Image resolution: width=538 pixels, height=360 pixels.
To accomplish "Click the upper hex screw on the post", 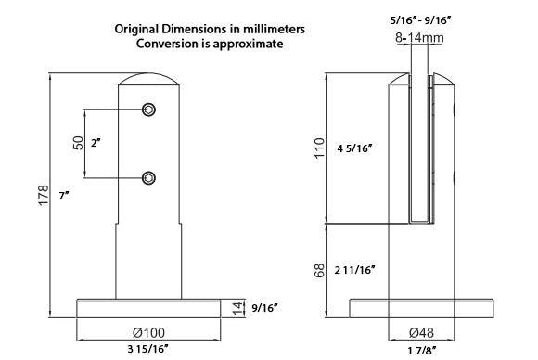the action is [149, 109].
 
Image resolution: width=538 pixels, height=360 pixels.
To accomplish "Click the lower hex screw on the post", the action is [149, 178].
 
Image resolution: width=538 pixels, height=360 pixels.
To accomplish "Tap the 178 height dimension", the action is [44, 195].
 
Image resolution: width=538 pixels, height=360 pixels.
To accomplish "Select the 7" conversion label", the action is [64, 196].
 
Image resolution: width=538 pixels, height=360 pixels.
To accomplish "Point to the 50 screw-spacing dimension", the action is [79, 143].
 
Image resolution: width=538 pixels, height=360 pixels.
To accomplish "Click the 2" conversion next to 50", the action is [96, 143].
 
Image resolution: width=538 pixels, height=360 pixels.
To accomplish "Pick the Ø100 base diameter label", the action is [148, 332].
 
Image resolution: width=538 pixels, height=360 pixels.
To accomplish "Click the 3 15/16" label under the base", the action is [148, 349].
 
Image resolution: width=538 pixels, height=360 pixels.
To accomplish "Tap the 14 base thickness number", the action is [237, 309].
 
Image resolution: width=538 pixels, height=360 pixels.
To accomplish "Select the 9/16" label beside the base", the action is [264, 308].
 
